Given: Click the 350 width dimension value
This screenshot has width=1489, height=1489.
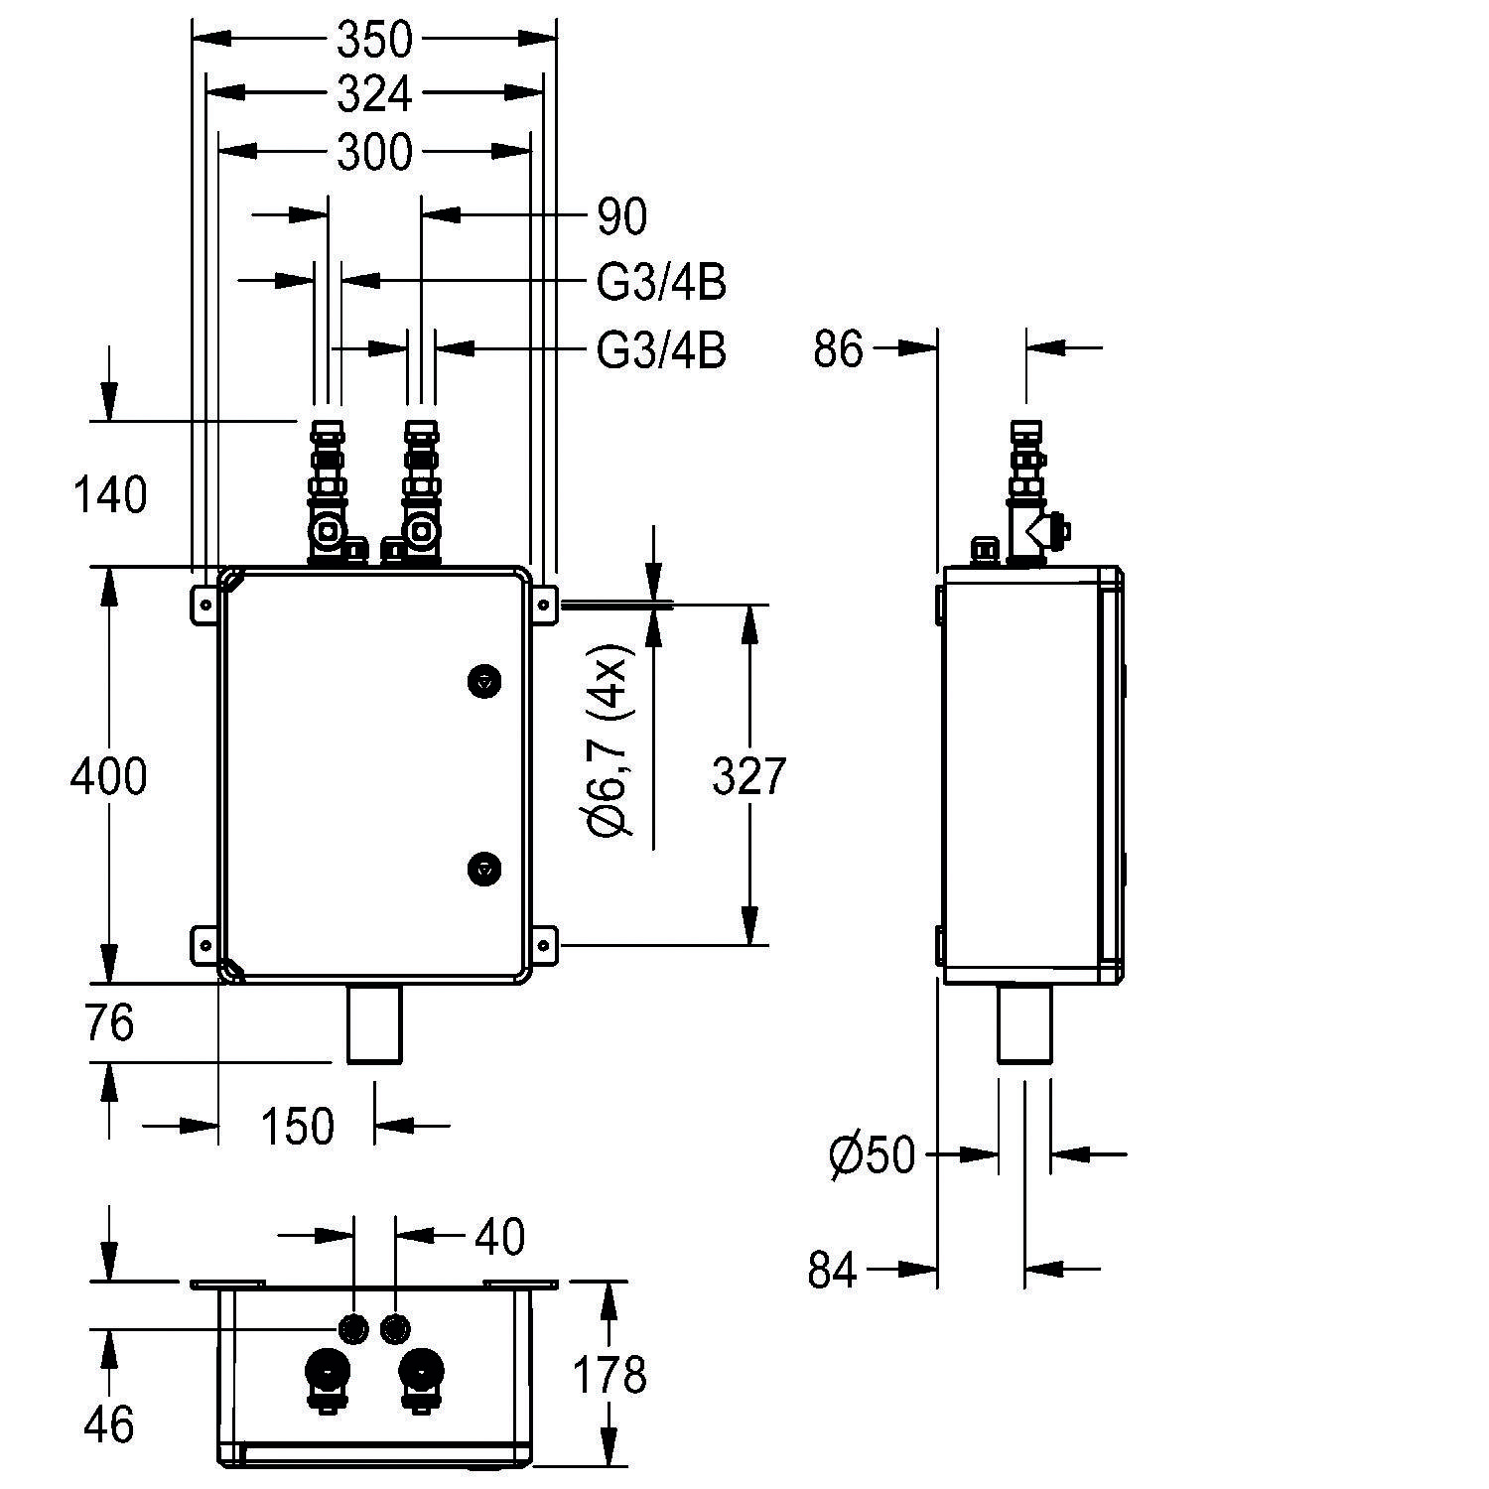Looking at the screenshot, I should [x=374, y=40].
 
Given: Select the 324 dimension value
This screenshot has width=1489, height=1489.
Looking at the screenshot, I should [x=374, y=94].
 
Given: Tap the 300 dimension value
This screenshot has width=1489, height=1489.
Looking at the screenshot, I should [x=374, y=153].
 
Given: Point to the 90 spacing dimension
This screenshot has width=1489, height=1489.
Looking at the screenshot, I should [x=622, y=216].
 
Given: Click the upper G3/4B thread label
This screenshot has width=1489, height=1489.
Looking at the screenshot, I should [x=661, y=283].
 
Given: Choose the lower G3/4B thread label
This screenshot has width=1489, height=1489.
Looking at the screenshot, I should [x=661, y=350].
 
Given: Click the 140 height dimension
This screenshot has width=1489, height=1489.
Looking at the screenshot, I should [x=109, y=494].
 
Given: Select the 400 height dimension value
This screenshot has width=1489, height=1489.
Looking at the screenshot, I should [x=108, y=775].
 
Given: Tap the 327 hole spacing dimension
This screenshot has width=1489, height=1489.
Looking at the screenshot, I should [x=749, y=775].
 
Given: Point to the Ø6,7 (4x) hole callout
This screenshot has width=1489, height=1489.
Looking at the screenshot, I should [x=609, y=740].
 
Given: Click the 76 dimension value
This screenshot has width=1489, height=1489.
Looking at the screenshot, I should [x=108, y=1023].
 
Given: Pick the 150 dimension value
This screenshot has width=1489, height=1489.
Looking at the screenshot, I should [x=297, y=1126].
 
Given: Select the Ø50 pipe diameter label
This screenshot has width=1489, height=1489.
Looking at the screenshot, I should [x=872, y=1154].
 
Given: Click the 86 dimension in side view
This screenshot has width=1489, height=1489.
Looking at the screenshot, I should [x=839, y=349].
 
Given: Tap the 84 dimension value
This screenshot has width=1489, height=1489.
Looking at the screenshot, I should [x=832, y=1270].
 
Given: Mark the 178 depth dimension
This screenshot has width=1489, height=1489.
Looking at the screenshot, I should [x=609, y=1375].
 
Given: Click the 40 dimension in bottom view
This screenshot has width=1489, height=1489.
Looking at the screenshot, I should [x=499, y=1237].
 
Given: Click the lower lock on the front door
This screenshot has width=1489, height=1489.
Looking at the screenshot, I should [x=483, y=867].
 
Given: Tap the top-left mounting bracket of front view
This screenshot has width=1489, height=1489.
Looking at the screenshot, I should [x=204, y=604].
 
